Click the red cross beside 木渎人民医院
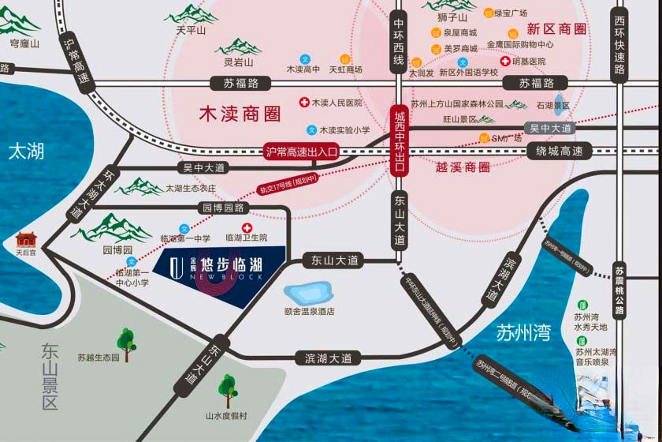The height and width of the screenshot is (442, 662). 303,103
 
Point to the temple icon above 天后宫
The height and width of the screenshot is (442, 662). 28,239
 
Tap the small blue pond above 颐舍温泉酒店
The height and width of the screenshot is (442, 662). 308,294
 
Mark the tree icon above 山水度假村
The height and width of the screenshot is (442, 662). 228,388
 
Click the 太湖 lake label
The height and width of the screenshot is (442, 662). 26,152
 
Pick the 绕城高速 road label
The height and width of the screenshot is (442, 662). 563,152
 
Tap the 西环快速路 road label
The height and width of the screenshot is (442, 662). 620,46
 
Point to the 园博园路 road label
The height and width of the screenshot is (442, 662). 224,208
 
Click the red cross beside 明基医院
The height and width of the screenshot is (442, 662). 504,61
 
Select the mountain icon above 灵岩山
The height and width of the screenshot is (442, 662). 238,47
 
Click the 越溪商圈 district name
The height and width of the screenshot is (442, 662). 463,167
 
